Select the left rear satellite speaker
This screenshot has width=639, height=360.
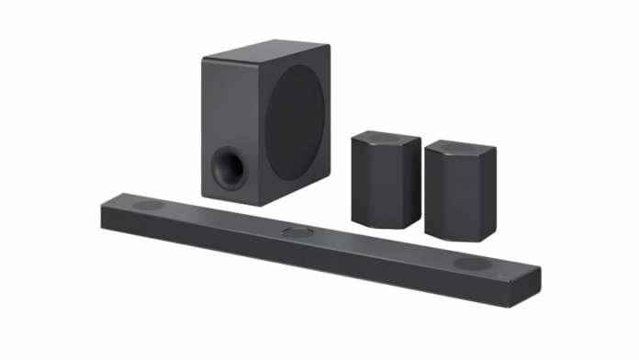(x=386, y=179)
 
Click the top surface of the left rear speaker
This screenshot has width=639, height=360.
(x=387, y=140)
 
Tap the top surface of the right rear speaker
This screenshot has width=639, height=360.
(x=461, y=149)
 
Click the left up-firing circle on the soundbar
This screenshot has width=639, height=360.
(x=148, y=205)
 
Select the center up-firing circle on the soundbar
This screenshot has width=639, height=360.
(x=297, y=233)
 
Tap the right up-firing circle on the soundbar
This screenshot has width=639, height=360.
(x=472, y=264)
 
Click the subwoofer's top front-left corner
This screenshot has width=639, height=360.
(x=204, y=58)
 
